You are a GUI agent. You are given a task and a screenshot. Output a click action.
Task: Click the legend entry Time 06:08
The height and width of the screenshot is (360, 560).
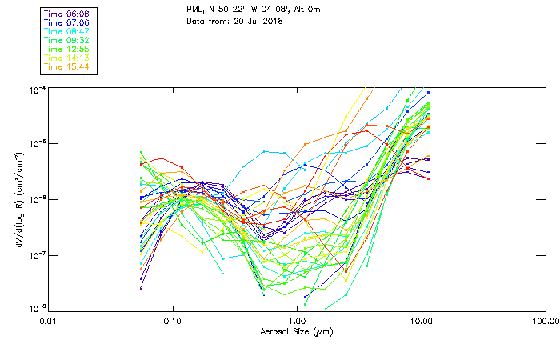(67, 14)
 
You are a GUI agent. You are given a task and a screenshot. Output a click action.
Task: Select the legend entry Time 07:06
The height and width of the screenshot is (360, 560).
(67, 22)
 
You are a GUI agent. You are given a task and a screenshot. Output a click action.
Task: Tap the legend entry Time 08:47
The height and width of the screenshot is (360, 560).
(67, 31)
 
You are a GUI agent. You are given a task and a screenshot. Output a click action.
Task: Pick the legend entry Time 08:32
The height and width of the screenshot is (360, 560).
(67, 40)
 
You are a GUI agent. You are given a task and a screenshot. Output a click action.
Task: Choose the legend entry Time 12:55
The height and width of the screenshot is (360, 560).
(67, 49)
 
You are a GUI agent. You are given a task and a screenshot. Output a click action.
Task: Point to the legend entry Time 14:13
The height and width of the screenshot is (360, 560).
(67, 58)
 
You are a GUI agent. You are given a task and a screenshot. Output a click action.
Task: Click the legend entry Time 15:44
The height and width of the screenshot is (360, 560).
(67, 66)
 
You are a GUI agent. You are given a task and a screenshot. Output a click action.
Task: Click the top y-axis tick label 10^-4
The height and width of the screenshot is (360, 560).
(37, 89)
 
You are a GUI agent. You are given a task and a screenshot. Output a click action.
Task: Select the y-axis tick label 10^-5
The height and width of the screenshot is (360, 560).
(37, 144)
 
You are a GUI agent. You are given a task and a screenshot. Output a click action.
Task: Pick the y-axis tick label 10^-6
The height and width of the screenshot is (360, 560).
(37, 199)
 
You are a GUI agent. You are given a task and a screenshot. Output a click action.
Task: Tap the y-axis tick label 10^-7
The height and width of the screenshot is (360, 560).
(37, 254)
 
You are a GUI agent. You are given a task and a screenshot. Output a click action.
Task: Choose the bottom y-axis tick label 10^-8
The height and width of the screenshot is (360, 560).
(37, 308)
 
